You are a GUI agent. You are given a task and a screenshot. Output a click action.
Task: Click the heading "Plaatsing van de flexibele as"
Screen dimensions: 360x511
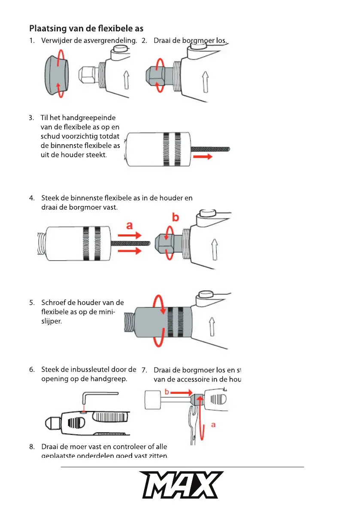point(86,28)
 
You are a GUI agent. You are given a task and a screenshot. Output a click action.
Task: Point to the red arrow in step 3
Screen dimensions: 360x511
point(202,157)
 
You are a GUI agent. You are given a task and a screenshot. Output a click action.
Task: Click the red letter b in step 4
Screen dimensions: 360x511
point(175,218)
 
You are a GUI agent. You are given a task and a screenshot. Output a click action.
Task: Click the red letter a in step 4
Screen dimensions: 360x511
point(129,224)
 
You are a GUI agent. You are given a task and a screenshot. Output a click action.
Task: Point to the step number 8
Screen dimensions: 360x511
point(32,447)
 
